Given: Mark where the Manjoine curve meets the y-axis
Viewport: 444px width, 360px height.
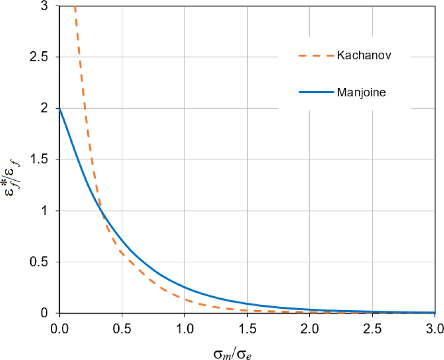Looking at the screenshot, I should click(60, 109).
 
